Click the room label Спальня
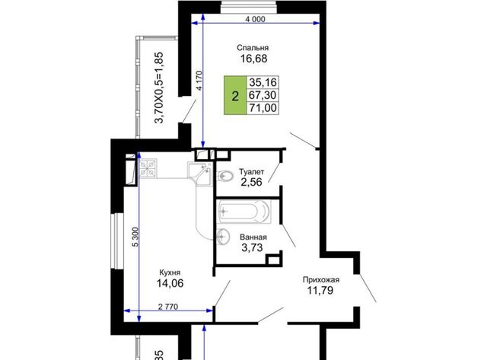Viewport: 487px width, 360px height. click(x=253, y=48)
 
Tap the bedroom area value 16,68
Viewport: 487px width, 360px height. click(x=253, y=59)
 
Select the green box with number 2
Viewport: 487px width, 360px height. click(x=235, y=95)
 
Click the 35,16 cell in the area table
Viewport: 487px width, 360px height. click(x=263, y=82)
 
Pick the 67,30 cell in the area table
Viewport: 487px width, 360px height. click(x=263, y=95)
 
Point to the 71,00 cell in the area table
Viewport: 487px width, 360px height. click(x=263, y=108)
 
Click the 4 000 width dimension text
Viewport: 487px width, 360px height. click(x=256, y=19)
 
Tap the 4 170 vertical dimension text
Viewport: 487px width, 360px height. click(x=199, y=81)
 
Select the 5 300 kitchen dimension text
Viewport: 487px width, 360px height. click(x=135, y=237)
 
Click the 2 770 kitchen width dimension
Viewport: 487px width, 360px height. click(x=168, y=307)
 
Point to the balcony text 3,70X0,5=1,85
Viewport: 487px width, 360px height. click(x=159, y=88)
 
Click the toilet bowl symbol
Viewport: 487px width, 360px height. click(x=225, y=176)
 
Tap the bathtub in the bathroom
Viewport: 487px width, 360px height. click(x=243, y=212)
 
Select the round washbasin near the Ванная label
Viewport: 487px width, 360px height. click(x=223, y=235)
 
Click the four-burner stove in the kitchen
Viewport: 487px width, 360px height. click(x=148, y=168)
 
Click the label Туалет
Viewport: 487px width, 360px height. click(x=252, y=172)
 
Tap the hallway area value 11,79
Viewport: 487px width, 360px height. click(x=320, y=291)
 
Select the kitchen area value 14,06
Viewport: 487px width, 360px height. click(x=170, y=283)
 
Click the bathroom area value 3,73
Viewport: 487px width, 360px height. click(x=252, y=247)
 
